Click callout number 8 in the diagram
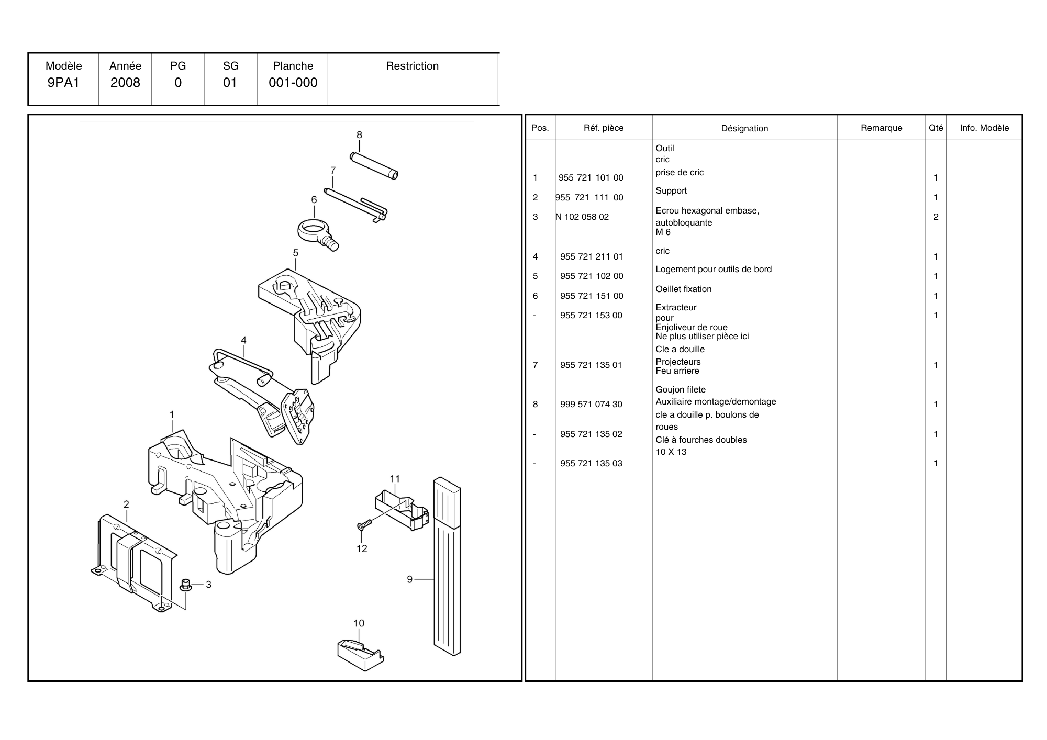click(359, 135)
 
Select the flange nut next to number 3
click(185, 585)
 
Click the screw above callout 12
click(364, 524)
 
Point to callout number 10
click(359, 623)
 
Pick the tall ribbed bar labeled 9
click(447, 565)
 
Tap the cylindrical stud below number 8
click(374, 165)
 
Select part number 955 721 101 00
click(591, 178)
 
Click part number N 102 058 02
click(582, 217)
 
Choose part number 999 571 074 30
click(591, 405)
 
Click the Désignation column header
click(744, 128)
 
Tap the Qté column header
click(935, 128)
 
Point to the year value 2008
click(125, 83)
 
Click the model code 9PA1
click(63, 83)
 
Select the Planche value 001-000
click(293, 83)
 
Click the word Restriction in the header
click(412, 66)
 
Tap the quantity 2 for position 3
click(936, 217)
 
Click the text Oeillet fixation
click(683, 289)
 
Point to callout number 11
click(395, 479)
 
